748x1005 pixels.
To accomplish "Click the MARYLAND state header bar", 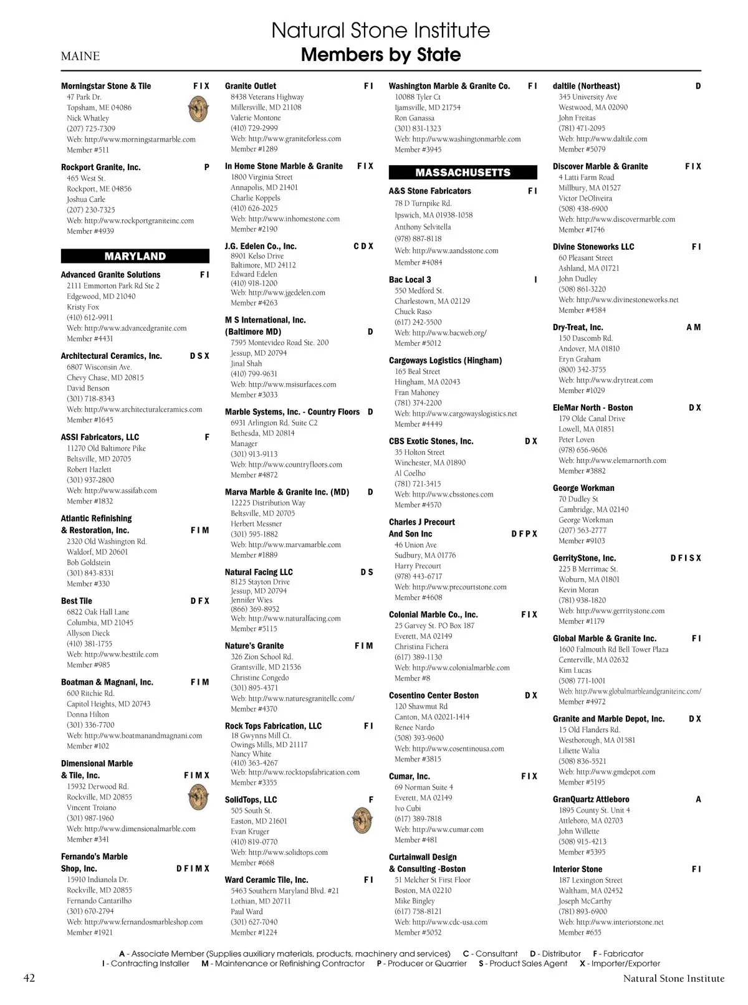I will tap(135, 256).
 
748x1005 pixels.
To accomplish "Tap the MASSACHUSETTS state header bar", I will tap(463, 173).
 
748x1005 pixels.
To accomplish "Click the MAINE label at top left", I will tap(80, 56).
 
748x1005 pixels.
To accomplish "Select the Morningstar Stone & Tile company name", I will tap(106, 86).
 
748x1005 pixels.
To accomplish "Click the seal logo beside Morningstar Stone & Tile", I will tap(198, 110).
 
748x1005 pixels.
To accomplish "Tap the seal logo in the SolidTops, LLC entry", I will tap(362, 821).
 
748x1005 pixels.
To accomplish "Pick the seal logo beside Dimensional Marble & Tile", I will tap(198, 797).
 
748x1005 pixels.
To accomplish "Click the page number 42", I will tap(29, 978).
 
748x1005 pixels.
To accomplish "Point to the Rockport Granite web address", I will tap(130, 221).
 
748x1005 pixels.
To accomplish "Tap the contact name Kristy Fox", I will tap(83, 307).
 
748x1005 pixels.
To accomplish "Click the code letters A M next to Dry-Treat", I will tap(693, 327).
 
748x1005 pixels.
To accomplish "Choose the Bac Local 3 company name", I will tap(410, 280).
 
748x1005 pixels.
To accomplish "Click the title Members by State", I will tap(381, 55).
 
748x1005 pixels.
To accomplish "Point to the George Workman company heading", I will tap(583, 488).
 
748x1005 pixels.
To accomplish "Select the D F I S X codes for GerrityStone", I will tap(685, 558).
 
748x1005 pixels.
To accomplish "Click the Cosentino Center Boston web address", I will tap(449, 748).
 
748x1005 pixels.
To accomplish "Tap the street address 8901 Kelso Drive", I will tap(257, 256).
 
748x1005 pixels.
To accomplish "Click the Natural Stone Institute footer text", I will tap(674, 978).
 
